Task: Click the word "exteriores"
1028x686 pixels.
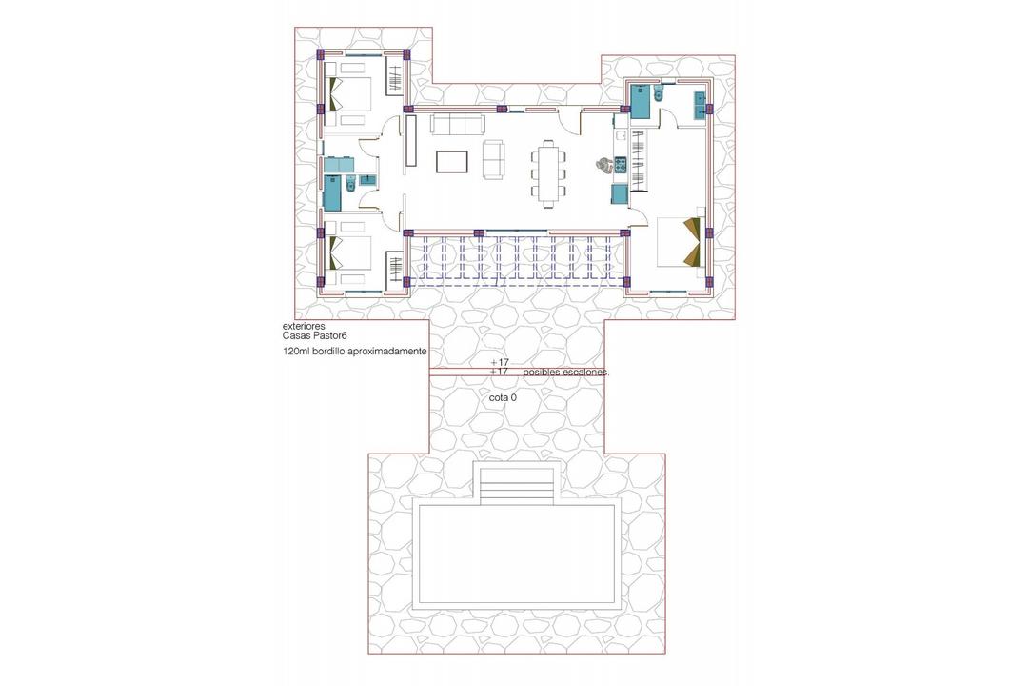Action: [x=304, y=326]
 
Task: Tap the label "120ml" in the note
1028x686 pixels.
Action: [x=295, y=352]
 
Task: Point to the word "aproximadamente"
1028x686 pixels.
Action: [x=385, y=352]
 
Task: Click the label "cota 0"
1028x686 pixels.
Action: [x=503, y=397]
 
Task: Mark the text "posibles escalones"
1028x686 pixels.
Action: [x=565, y=373]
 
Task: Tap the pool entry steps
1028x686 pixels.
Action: [x=517, y=486]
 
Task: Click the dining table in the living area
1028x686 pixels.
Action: [x=548, y=172]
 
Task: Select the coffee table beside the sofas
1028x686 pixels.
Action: [x=452, y=161]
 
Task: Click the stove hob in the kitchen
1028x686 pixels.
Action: [x=620, y=167]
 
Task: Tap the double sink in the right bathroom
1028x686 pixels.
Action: [x=702, y=104]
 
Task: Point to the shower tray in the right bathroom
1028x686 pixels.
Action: [x=639, y=100]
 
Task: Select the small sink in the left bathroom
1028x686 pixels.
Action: [x=366, y=178]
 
